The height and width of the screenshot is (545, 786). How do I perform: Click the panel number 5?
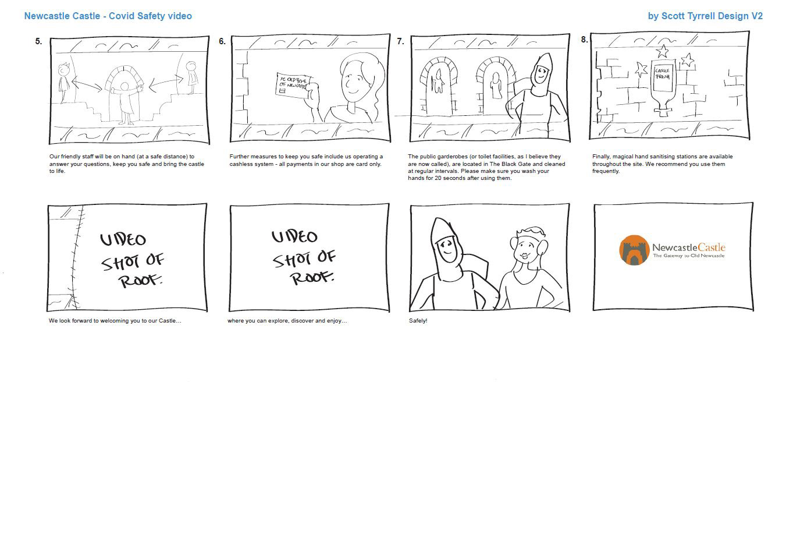click(x=38, y=41)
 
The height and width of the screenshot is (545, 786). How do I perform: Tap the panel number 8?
click(x=584, y=40)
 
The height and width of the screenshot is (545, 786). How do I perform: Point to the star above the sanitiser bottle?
click(x=663, y=51)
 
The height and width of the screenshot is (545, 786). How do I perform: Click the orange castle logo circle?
click(x=634, y=250)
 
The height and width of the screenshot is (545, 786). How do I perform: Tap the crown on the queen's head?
click(x=531, y=232)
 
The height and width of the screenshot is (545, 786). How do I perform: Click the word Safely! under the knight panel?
click(x=418, y=321)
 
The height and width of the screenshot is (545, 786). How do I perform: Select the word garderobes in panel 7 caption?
click(x=452, y=157)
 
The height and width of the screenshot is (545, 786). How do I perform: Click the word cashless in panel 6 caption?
click(x=240, y=164)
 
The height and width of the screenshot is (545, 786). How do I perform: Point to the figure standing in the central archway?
click(x=125, y=103)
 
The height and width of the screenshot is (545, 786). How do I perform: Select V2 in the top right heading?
click(x=757, y=16)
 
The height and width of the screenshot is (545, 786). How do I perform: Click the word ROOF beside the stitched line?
click(x=140, y=280)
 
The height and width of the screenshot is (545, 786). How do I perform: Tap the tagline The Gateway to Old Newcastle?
click(x=688, y=256)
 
